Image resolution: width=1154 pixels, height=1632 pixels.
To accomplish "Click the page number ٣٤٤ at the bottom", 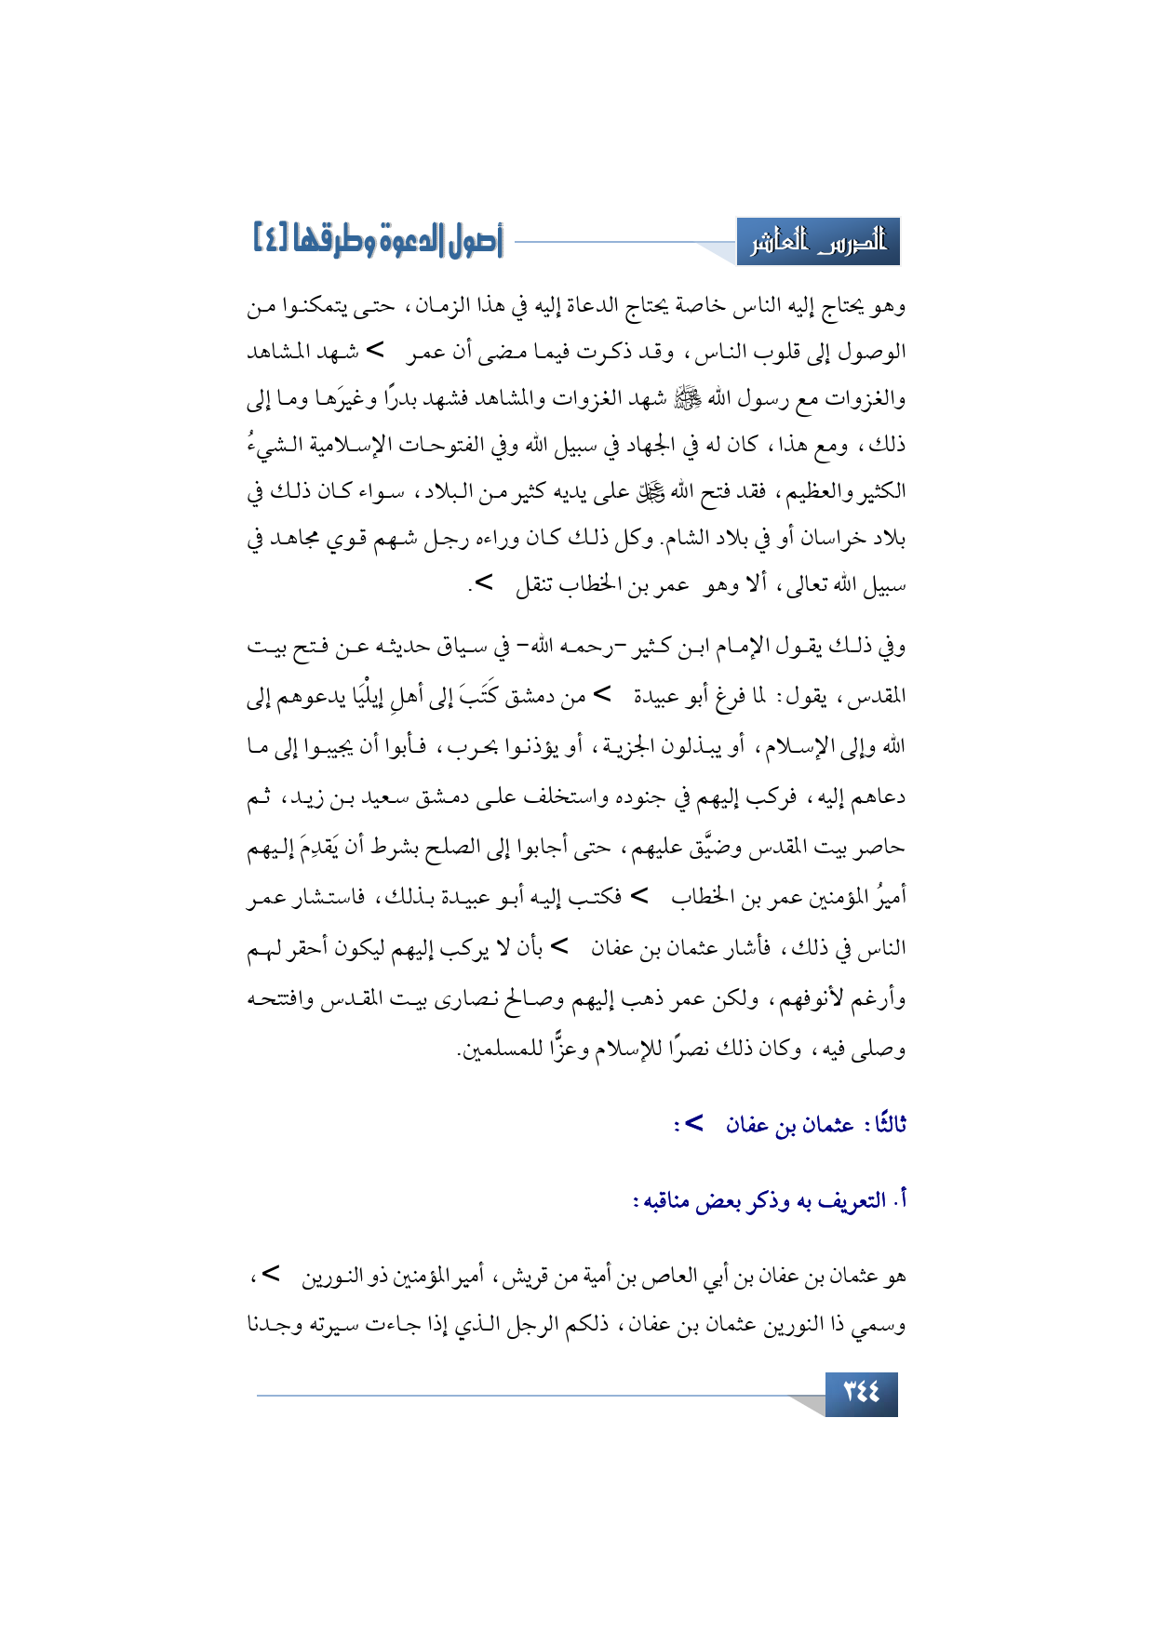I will [861, 1393].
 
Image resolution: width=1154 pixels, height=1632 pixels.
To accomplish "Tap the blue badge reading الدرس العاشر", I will [818, 244].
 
